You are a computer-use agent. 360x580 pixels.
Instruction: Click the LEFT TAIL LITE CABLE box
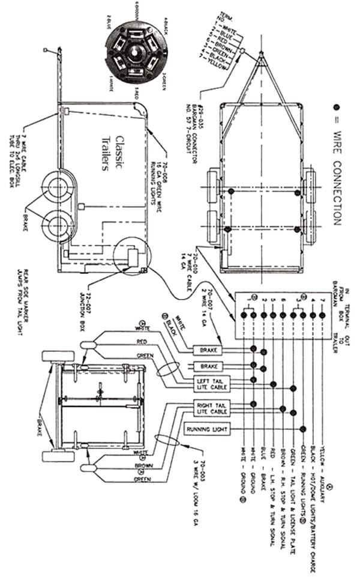coord(206,383)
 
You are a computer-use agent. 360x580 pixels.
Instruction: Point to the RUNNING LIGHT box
coord(205,430)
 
